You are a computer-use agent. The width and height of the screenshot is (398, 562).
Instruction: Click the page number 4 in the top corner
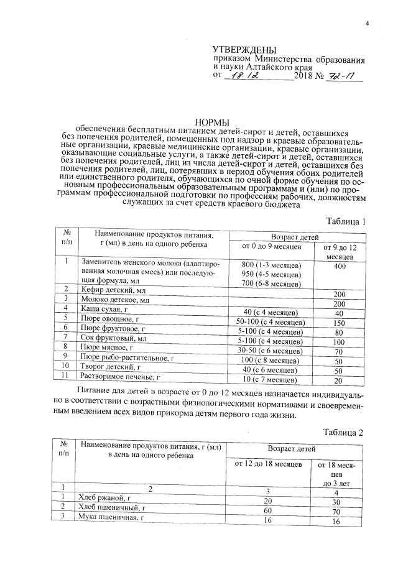pyautogui.click(x=367, y=24)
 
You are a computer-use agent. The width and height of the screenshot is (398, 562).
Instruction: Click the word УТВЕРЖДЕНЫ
pyautogui.click(x=244, y=50)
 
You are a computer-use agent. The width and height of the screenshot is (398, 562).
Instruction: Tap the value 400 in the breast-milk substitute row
pyautogui.click(x=339, y=266)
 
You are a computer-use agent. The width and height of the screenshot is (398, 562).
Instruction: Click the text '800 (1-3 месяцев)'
pyautogui.click(x=272, y=265)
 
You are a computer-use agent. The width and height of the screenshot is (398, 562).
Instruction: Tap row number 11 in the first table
pyautogui.click(x=65, y=376)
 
